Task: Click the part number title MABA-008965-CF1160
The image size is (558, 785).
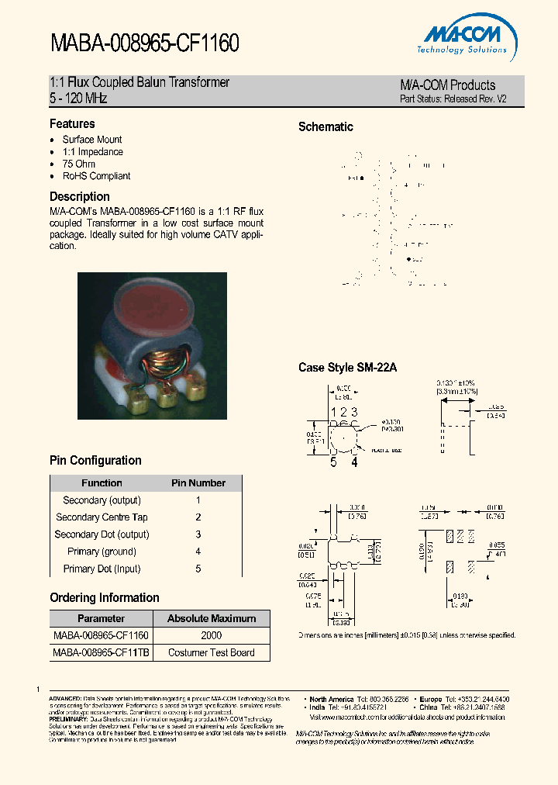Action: [x=144, y=43]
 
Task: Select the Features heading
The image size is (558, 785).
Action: [x=72, y=124]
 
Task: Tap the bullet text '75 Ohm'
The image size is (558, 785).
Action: [x=79, y=164]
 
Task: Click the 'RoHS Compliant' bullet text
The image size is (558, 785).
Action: [x=96, y=176]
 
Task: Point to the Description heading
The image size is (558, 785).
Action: [x=80, y=197]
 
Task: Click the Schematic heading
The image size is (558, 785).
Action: [x=325, y=127]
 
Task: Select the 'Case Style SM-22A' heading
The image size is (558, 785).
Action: [x=347, y=368]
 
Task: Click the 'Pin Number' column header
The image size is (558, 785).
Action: [x=198, y=483]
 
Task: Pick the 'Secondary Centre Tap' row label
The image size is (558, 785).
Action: [x=102, y=517]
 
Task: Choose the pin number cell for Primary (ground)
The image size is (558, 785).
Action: [x=198, y=552]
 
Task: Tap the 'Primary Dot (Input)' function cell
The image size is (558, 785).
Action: [x=102, y=569]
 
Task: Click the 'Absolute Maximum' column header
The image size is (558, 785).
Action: [x=212, y=618]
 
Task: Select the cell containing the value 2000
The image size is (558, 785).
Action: [x=212, y=635]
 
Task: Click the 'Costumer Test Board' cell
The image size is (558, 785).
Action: [x=212, y=652]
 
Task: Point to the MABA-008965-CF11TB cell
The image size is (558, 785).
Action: [x=101, y=652]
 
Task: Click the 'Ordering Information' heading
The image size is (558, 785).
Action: [x=105, y=598]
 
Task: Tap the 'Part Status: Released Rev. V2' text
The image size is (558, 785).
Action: [x=453, y=99]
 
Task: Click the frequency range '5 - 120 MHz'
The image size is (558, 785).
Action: [x=78, y=99]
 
